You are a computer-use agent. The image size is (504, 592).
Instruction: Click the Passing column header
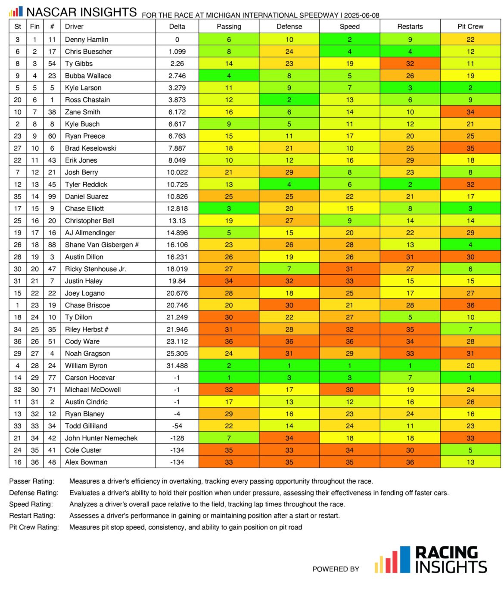(229, 26)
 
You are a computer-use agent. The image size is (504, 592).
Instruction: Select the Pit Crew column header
(470, 26)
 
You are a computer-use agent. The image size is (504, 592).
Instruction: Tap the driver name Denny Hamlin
(87, 39)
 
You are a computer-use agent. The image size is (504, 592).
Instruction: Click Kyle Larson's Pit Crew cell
(470, 88)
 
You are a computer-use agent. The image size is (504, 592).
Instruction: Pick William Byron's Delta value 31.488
(177, 366)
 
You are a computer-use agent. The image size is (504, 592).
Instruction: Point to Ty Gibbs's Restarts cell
(410, 63)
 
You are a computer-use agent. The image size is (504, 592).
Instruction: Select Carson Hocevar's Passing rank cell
(229, 378)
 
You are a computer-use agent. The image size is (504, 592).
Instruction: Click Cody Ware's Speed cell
(349, 341)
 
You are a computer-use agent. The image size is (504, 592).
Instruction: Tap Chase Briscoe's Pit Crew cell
(470, 305)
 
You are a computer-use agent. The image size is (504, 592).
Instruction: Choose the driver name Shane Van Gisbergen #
(102, 245)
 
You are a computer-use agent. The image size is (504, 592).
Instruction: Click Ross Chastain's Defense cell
(289, 100)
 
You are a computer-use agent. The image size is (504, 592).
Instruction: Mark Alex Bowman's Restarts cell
(410, 462)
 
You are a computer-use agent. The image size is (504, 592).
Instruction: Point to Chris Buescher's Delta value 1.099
(177, 51)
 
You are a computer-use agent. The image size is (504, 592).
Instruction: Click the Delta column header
(177, 26)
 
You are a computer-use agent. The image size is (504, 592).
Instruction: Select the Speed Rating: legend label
(31, 504)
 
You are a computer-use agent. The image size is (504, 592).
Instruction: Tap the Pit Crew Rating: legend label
(34, 527)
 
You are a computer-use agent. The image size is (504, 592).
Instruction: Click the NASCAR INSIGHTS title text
(81, 12)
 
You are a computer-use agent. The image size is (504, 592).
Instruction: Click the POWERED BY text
(336, 569)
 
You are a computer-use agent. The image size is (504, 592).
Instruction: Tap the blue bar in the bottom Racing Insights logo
(405, 559)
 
